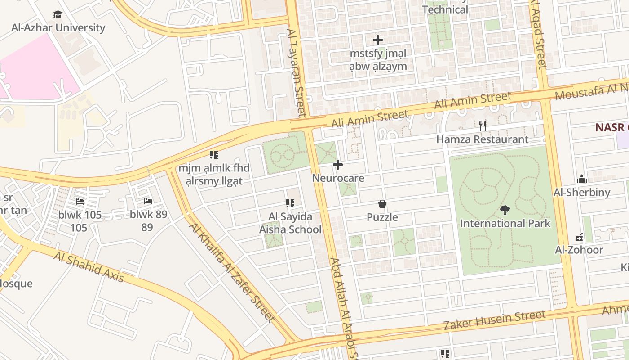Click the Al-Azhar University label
coord(58,27)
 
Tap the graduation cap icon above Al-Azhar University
coord(58,14)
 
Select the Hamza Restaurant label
coord(483,139)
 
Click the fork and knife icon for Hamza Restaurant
coord(483,126)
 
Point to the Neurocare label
coord(338,178)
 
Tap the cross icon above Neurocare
coord(338,165)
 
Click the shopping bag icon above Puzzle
coord(382,204)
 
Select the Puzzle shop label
coord(382,217)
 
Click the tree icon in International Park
coord(505,210)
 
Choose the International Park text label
coord(505,223)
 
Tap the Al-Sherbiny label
coord(582,193)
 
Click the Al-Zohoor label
coord(579,250)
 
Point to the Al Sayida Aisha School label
coord(290,223)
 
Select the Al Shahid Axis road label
coord(89,267)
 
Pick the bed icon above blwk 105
coord(80,201)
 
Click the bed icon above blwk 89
coord(148,201)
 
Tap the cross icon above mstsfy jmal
coord(378,40)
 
